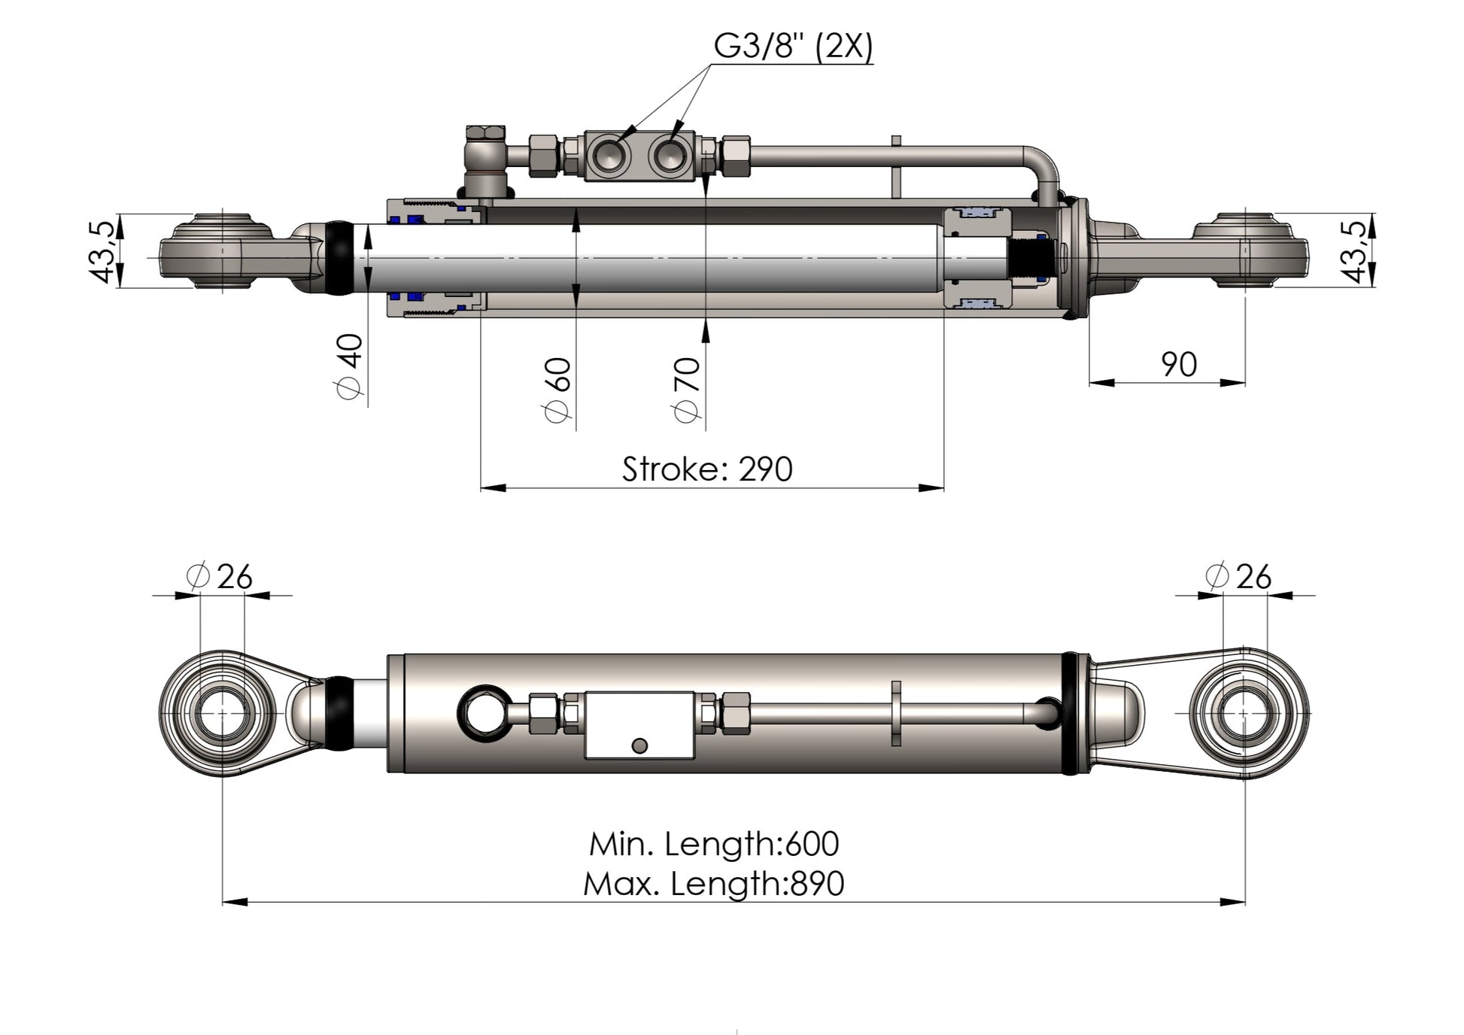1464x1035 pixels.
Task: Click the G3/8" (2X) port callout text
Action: [793, 47]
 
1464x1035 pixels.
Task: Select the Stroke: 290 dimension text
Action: [706, 469]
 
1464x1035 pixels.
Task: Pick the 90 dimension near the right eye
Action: [1178, 365]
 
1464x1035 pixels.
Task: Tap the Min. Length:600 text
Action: [713, 844]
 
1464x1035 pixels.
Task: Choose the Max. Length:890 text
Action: [713, 883]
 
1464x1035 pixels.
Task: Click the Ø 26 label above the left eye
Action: [220, 577]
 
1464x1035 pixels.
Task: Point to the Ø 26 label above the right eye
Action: [1238, 577]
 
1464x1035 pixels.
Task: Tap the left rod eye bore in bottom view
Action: [222, 713]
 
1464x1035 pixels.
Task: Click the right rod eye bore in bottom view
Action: [1244, 713]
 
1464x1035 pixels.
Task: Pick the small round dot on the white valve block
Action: [639, 745]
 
